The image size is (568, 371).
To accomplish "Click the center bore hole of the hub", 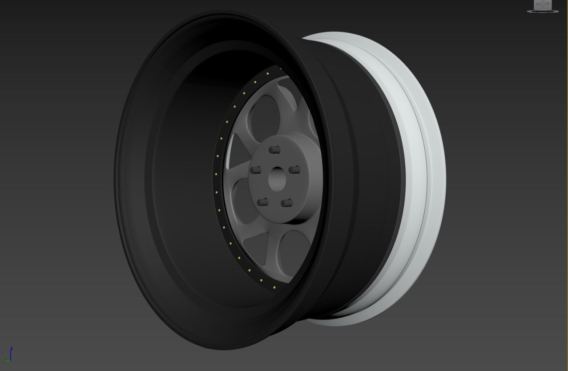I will (x=278, y=179).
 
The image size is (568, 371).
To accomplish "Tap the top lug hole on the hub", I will (x=275, y=150).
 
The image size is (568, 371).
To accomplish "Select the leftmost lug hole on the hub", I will (x=255, y=170).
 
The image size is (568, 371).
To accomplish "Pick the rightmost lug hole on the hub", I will (x=294, y=170).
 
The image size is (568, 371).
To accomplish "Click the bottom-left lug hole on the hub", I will (x=262, y=202).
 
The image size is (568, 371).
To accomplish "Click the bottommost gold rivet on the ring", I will (x=274, y=288).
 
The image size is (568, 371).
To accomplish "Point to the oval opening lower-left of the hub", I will (x=242, y=202).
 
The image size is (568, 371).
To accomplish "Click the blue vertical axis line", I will (x=11, y=355).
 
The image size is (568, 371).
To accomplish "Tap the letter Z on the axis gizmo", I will (x=12, y=348).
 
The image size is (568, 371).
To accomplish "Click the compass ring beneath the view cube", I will (x=543, y=12).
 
